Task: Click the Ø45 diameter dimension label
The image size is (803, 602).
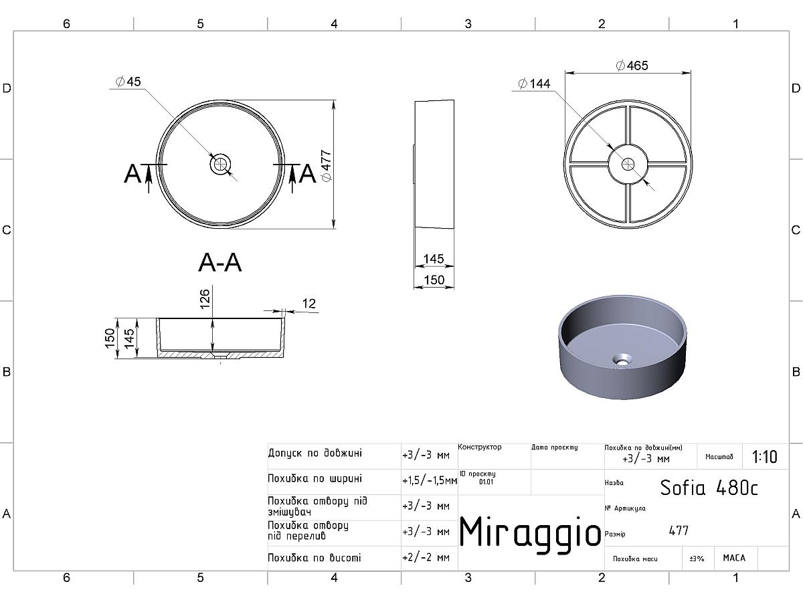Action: click(128, 82)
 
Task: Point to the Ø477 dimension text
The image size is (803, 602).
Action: click(326, 165)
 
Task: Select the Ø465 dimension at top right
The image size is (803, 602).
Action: click(632, 66)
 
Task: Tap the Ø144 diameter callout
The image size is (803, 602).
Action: click(535, 84)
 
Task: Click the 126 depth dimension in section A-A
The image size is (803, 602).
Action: click(205, 298)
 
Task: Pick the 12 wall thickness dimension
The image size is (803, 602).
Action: click(309, 304)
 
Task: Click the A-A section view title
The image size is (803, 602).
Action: click(220, 262)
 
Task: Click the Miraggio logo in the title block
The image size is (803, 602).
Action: click(530, 532)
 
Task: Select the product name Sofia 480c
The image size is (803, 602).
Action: click(709, 488)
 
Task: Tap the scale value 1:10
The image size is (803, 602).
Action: click(764, 457)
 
